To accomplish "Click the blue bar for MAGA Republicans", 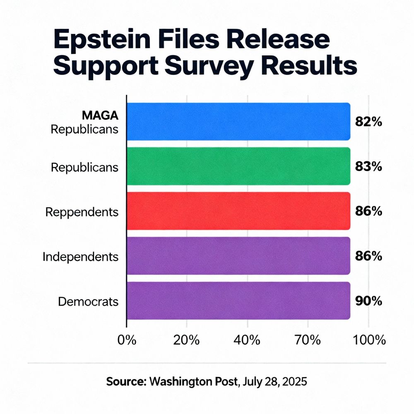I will tap(238, 121).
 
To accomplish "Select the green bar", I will tap(238, 166).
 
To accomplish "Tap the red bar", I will tap(238, 211).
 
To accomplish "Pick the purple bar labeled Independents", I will tap(238, 255).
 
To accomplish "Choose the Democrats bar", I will tap(238, 301).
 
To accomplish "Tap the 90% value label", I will tap(368, 301).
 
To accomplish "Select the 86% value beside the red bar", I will tap(368, 211).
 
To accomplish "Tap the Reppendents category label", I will tap(82, 212).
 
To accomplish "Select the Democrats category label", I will tap(88, 301).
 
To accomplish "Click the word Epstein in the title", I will tap(106, 41).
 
